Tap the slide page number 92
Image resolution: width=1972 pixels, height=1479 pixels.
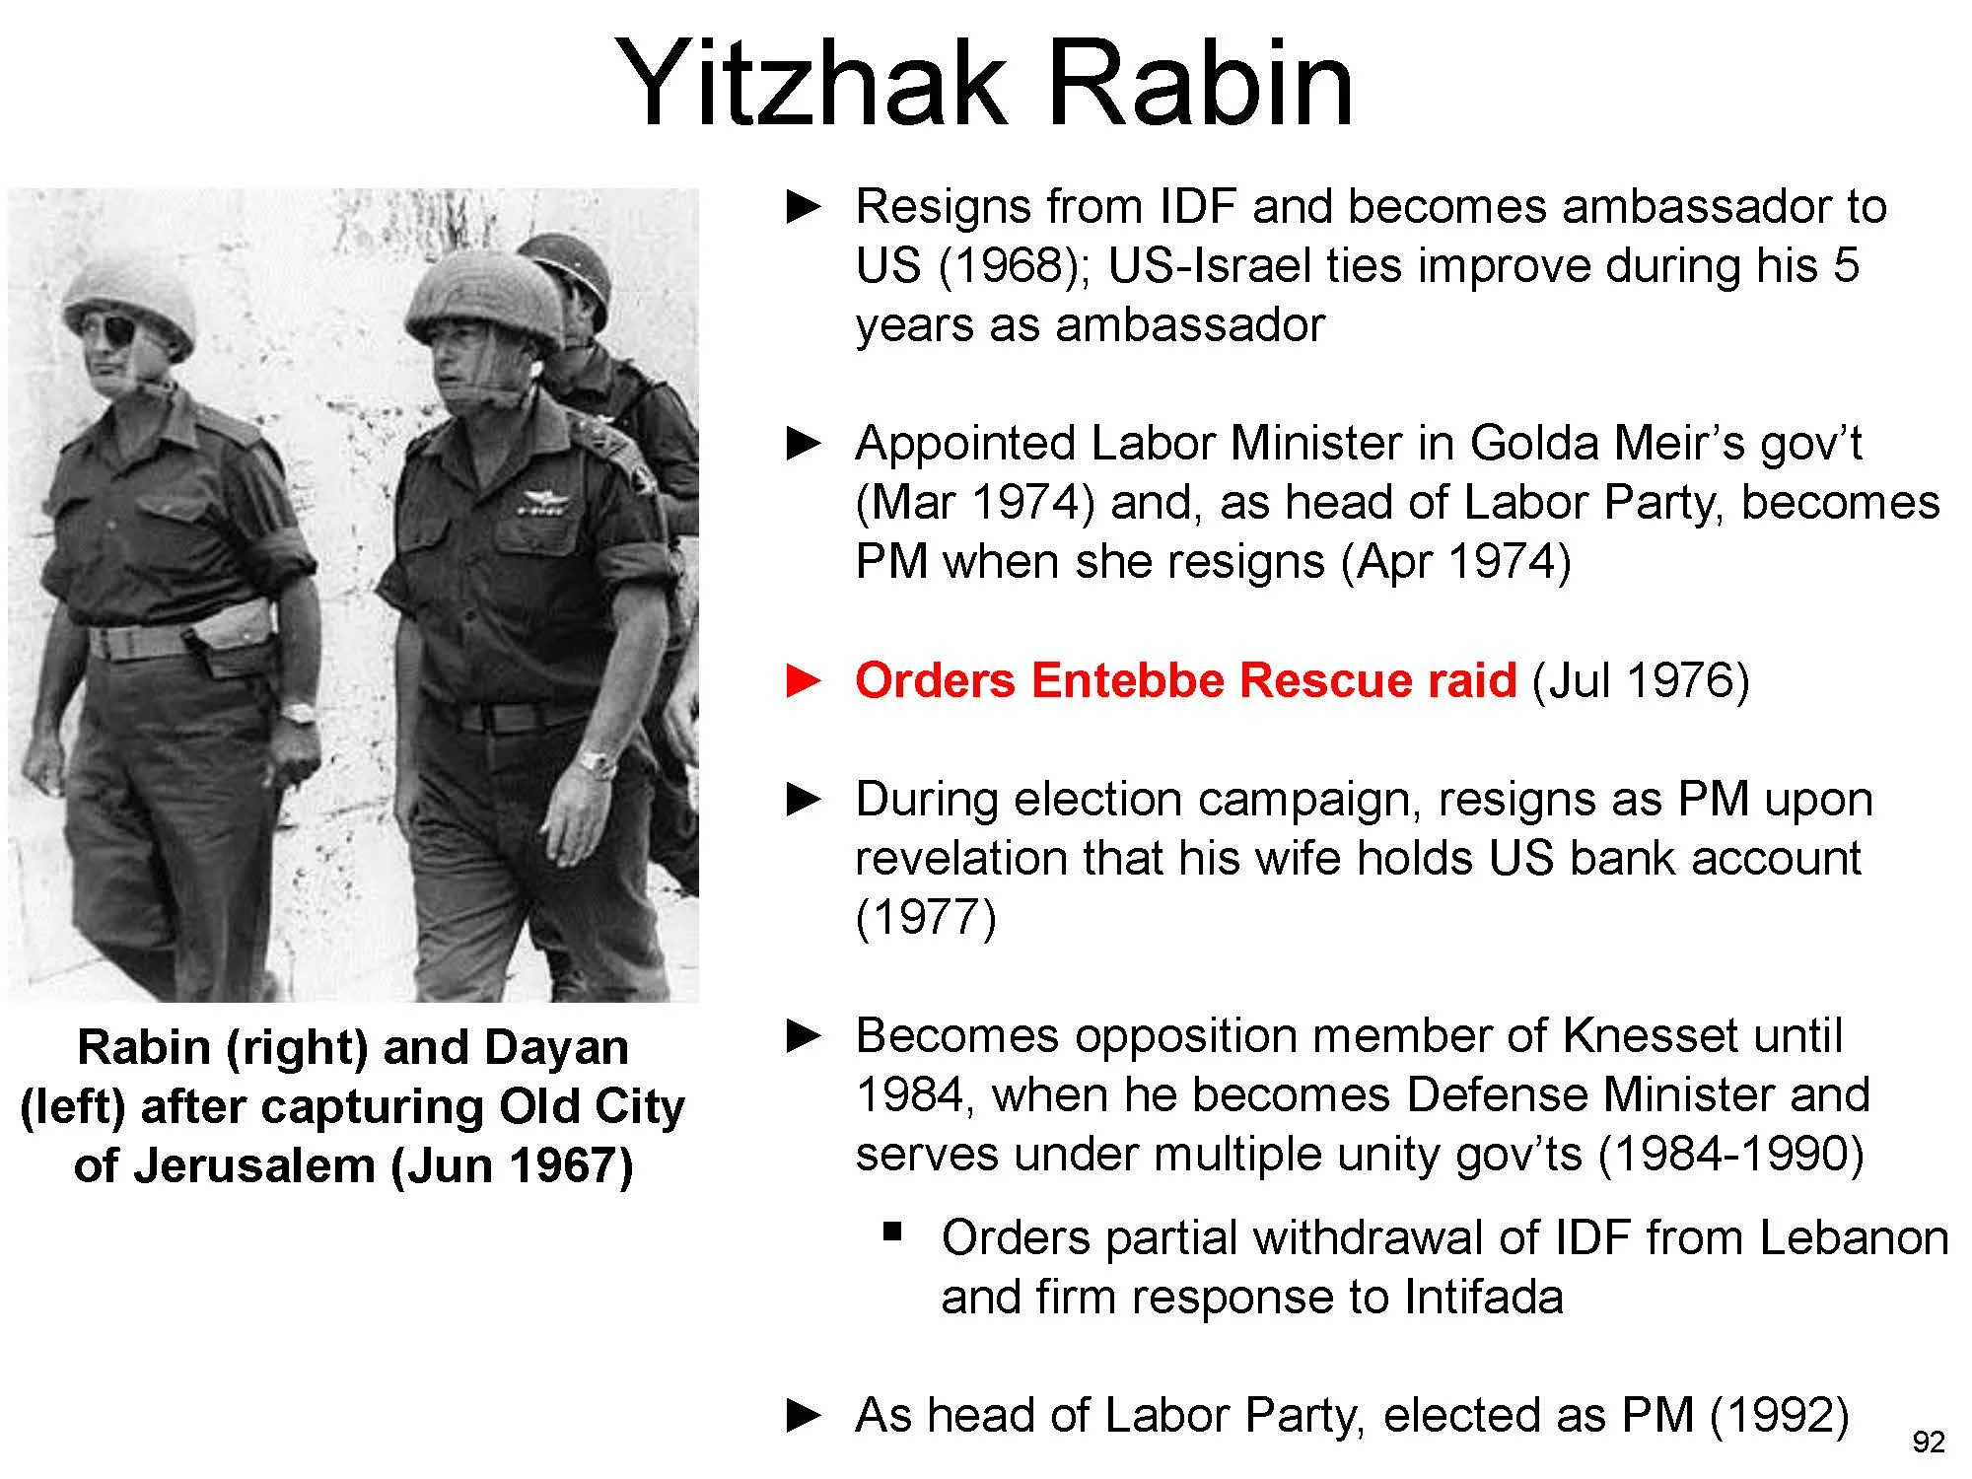(x=1929, y=1443)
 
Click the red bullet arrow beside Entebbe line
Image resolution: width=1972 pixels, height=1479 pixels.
(x=804, y=680)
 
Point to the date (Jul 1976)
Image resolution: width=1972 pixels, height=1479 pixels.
(x=1640, y=680)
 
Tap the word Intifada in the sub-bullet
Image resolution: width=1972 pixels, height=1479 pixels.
(x=1484, y=1296)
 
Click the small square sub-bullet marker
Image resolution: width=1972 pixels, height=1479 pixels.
(x=893, y=1231)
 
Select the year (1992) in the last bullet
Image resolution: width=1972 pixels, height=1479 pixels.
(x=1779, y=1415)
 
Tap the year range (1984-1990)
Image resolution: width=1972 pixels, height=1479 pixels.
(x=1730, y=1154)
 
